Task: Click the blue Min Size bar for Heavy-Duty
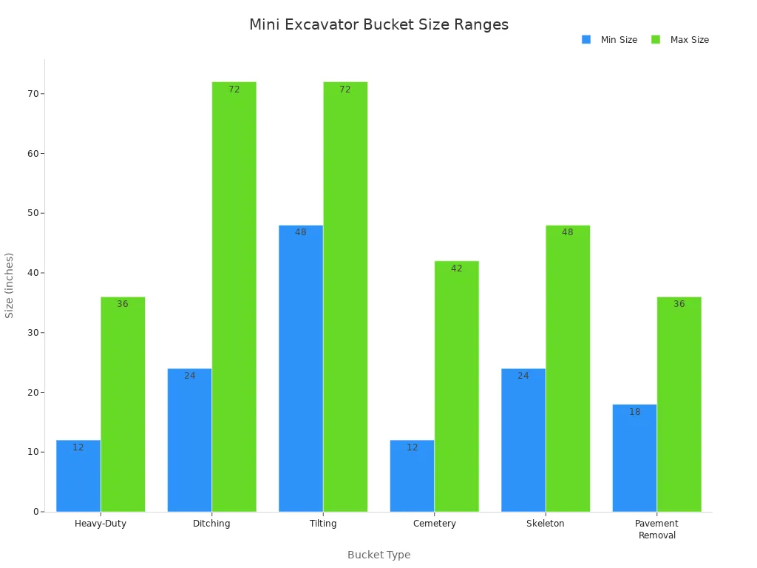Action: point(78,477)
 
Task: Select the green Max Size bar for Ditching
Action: point(234,296)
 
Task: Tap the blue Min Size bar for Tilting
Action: point(301,370)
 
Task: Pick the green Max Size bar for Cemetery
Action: point(456,385)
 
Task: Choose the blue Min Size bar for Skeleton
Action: point(523,440)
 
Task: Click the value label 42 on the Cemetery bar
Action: point(456,268)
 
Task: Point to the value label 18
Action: point(634,412)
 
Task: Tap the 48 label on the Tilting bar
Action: point(301,232)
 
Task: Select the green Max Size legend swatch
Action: point(656,39)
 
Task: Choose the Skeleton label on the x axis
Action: point(546,524)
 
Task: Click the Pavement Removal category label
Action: point(656,530)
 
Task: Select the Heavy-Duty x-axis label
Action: point(101,524)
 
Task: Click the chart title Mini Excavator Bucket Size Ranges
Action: point(378,24)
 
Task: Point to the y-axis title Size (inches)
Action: point(10,285)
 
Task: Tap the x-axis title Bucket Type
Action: point(378,555)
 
